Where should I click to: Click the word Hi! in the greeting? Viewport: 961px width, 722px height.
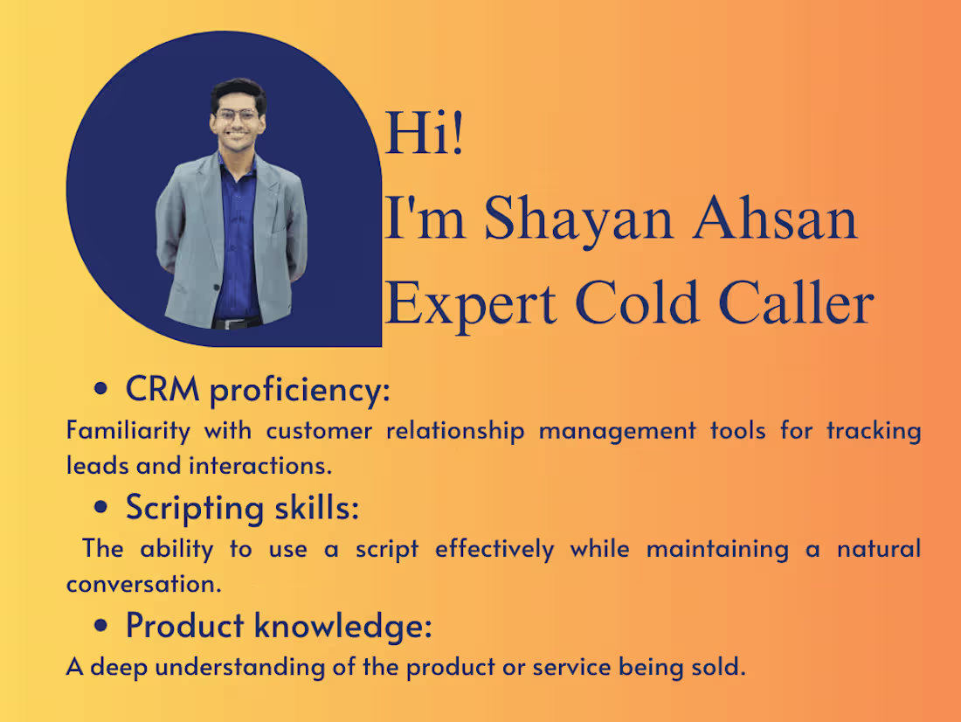425,135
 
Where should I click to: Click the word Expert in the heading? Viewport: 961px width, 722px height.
470,303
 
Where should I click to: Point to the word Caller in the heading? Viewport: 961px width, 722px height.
796,303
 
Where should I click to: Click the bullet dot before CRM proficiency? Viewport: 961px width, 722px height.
103,391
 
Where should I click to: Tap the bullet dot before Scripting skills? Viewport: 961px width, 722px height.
103,508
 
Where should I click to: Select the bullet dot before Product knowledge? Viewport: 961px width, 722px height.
103,626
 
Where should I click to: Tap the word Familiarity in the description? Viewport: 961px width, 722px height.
128,430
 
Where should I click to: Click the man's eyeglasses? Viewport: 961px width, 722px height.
237,115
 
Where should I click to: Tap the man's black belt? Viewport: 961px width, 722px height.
236,323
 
